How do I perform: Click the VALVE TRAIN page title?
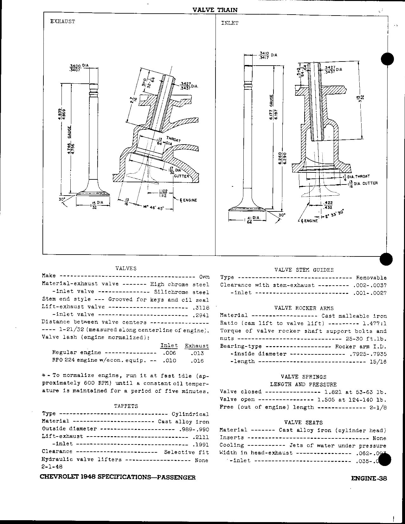[215, 10]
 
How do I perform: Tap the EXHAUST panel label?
[63, 22]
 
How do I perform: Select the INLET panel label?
[229, 23]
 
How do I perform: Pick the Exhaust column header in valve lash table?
[197, 346]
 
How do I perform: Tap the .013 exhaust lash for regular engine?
[197, 353]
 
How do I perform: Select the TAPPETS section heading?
[126, 406]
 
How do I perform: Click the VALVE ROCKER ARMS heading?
[304, 308]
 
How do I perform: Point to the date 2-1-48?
[52, 467]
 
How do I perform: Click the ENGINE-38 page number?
[369, 479]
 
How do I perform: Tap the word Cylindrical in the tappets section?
[190, 414]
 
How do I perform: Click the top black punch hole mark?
[387, 59]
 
